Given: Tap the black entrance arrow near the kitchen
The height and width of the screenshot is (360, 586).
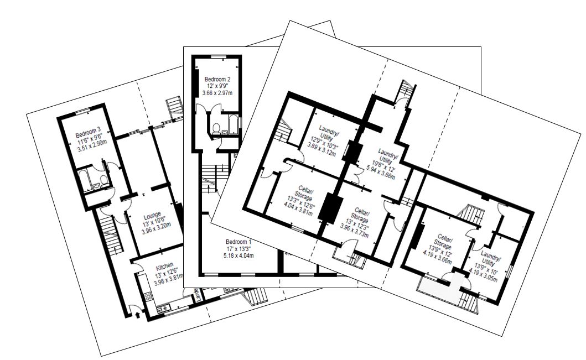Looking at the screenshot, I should [x=137, y=316].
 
